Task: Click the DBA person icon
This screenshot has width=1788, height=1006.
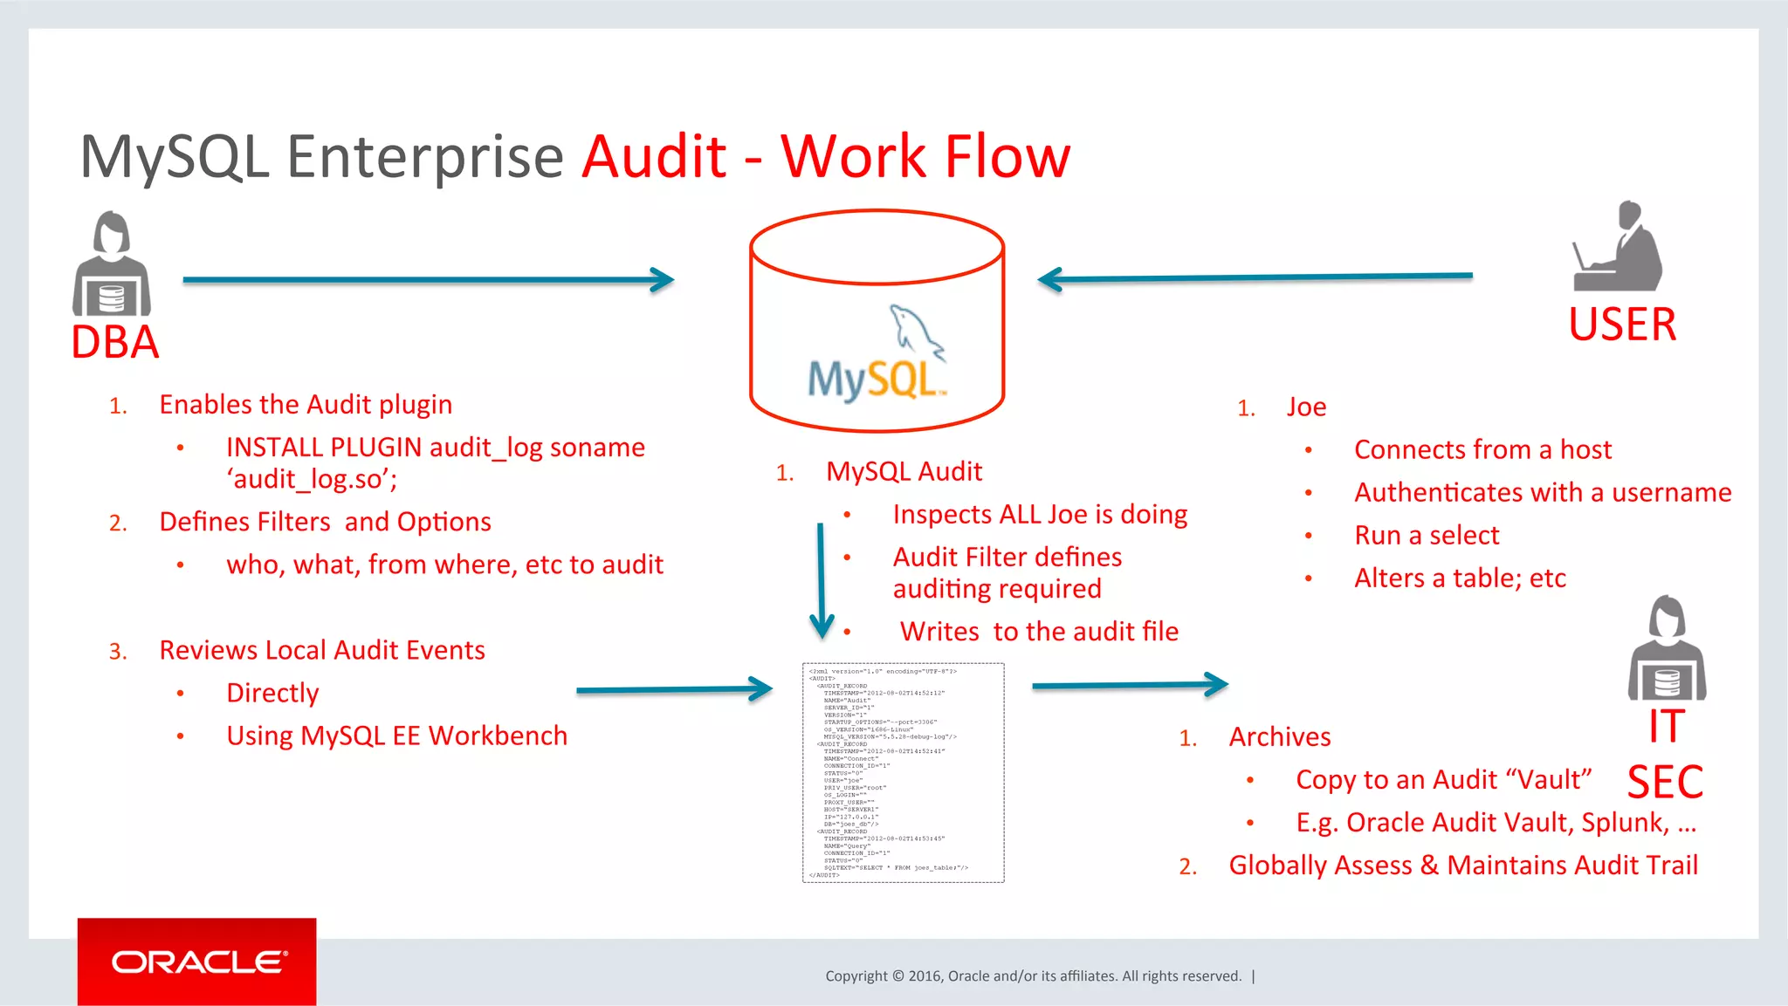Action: click(112, 264)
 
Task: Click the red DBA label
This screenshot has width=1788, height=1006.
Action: click(115, 342)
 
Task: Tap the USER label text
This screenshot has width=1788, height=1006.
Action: click(1622, 325)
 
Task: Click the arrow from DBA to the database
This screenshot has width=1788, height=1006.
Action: click(428, 280)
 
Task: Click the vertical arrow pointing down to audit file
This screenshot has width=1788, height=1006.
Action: click(821, 580)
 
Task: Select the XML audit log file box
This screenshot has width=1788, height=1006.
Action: click(903, 772)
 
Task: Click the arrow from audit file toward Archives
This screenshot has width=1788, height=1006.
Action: click(1130, 685)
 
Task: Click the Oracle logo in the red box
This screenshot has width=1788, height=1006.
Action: click(197, 962)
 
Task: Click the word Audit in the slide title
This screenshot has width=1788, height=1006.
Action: click(655, 157)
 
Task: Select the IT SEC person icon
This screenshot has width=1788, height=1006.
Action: click(1667, 649)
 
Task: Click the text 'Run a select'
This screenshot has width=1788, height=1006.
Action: click(1427, 535)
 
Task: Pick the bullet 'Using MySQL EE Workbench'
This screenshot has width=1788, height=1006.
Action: click(396, 736)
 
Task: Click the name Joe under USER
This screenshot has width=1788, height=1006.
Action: click(1306, 407)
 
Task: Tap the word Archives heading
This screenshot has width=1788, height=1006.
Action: click(1279, 736)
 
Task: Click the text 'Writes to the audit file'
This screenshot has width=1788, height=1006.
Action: click(1039, 631)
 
